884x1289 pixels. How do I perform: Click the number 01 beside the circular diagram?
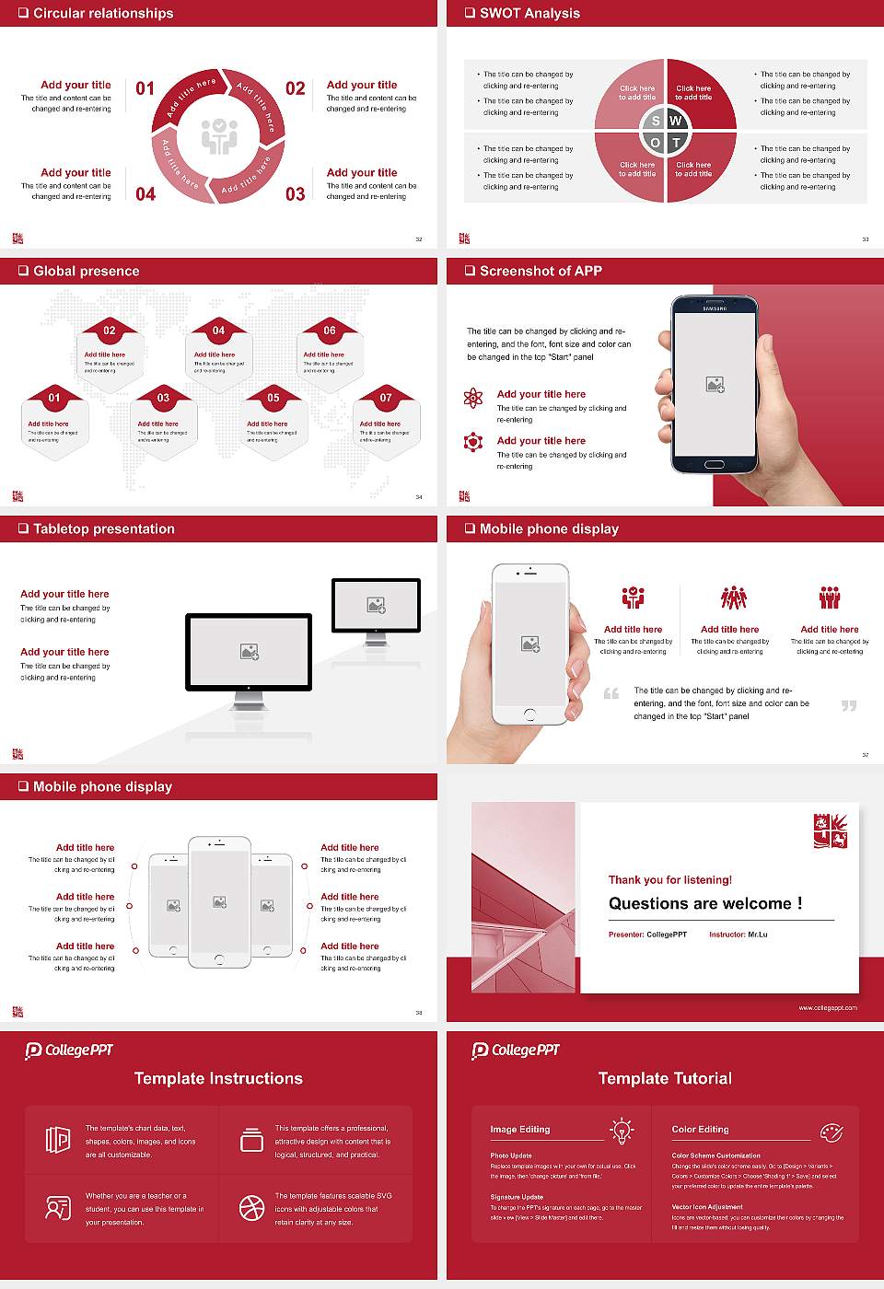[145, 88]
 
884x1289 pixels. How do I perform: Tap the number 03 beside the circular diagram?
[295, 194]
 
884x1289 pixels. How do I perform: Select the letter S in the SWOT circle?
[656, 121]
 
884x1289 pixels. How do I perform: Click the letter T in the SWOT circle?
[676, 143]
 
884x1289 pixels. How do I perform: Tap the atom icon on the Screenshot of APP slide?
[473, 398]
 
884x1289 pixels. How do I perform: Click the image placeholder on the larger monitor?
[249, 652]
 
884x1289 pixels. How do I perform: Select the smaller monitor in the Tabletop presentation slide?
[376, 608]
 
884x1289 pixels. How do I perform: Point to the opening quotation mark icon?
[611, 693]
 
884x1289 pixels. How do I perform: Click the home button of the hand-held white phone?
[529, 714]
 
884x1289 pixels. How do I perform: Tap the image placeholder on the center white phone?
[219, 902]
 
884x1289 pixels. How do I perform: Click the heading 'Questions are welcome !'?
[705, 903]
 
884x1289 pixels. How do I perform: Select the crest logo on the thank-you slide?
[830, 830]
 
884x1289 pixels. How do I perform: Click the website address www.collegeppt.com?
[827, 1007]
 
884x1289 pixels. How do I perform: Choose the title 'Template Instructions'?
[218, 1078]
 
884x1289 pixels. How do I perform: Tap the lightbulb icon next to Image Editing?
[622, 1130]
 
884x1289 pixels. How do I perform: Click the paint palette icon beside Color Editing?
[831, 1131]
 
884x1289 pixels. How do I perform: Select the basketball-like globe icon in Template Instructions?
[251, 1208]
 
